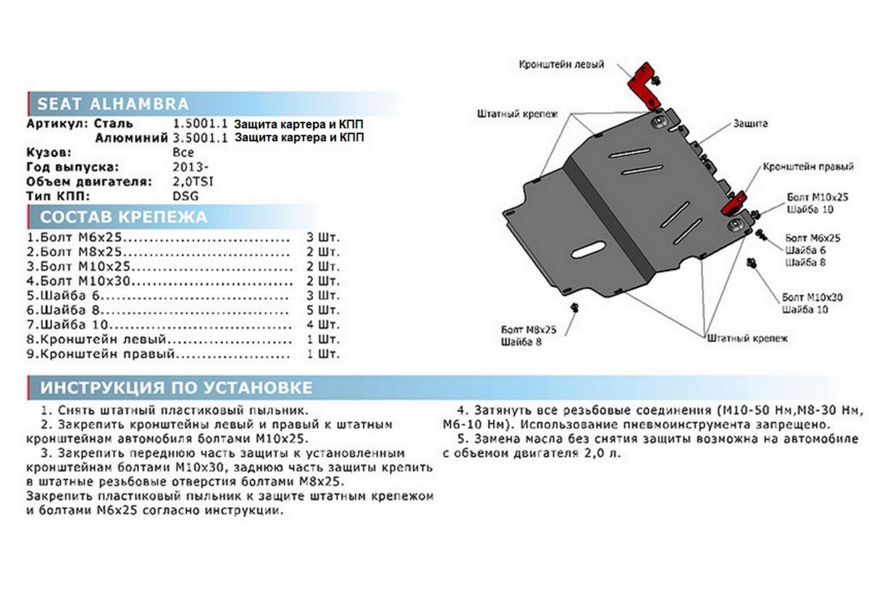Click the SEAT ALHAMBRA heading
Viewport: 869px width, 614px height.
click(x=112, y=103)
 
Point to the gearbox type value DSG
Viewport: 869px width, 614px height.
click(x=185, y=195)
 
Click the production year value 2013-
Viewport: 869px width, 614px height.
click(x=190, y=167)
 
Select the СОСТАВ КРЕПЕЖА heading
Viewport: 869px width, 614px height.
click(x=123, y=217)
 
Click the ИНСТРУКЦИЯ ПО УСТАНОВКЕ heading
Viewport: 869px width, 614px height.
click(x=177, y=387)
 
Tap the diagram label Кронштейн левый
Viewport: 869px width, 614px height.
click(x=561, y=65)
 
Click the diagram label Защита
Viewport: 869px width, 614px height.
click(x=750, y=124)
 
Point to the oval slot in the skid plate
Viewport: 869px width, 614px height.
click(x=590, y=250)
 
